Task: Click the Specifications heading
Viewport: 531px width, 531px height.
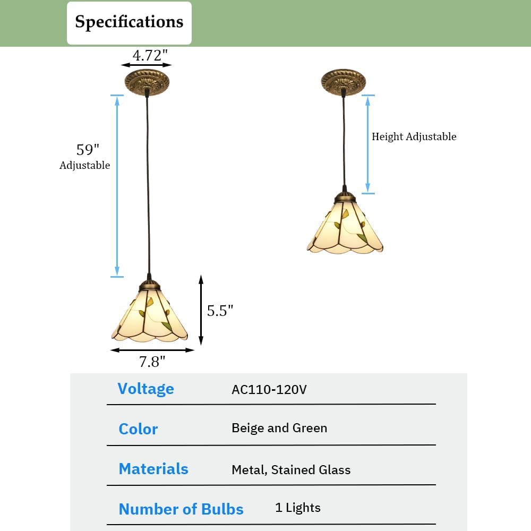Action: (x=129, y=22)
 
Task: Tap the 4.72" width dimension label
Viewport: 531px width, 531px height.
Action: (x=147, y=54)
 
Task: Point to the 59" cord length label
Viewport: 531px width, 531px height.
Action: (x=88, y=149)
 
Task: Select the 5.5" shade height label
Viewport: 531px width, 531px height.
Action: (x=220, y=311)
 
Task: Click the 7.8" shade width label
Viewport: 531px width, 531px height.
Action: (x=152, y=362)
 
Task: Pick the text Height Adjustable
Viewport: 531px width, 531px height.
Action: (x=414, y=136)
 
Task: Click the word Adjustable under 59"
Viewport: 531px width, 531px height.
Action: (x=85, y=165)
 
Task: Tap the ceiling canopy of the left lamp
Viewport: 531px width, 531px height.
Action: (x=147, y=82)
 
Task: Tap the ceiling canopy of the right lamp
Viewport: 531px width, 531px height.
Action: (x=344, y=81)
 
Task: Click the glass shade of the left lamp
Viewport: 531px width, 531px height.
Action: (x=149, y=316)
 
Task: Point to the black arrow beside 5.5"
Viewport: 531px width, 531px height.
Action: (x=201, y=310)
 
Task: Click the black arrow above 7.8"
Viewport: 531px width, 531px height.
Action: (x=152, y=350)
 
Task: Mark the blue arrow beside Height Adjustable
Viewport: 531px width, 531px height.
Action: (x=368, y=144)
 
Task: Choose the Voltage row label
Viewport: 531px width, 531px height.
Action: (x=145, y=389)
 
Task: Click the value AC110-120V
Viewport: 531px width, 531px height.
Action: (x=269, y=389)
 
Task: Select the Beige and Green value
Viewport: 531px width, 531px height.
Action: (x=279, y=428)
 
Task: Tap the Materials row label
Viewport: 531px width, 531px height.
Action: (x=153, y=469)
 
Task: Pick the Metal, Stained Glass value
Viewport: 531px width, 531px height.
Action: (x=291, y=469)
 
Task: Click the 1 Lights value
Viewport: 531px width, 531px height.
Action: (x=298, y=508)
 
